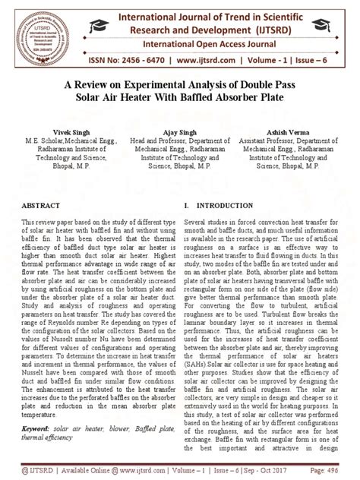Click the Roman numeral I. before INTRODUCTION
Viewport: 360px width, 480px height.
(187, 205)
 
